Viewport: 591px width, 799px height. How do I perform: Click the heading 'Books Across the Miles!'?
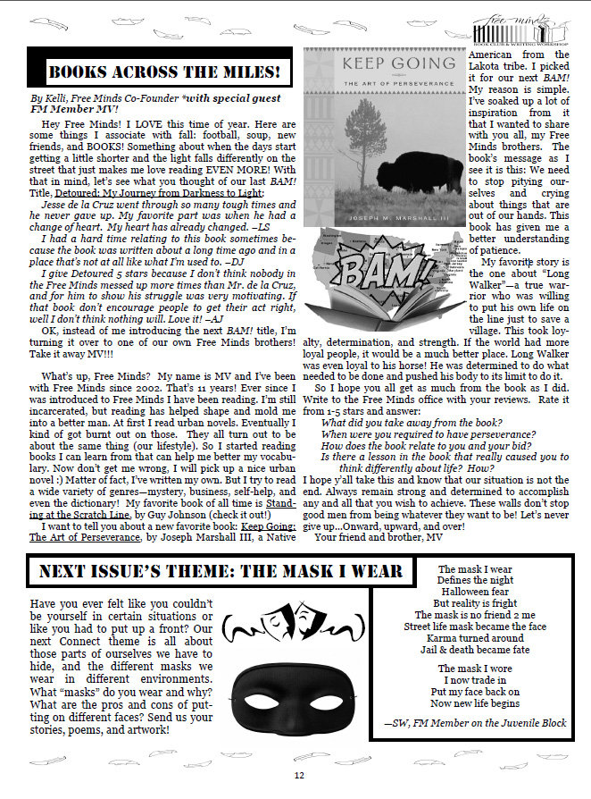(162, 70)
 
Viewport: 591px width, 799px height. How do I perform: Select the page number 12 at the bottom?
(298, 774)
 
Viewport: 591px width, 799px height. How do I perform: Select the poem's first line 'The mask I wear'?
(475, 569)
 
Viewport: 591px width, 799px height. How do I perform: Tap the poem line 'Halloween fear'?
(475, 593)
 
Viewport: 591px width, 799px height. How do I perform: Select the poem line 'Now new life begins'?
(475, 703)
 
